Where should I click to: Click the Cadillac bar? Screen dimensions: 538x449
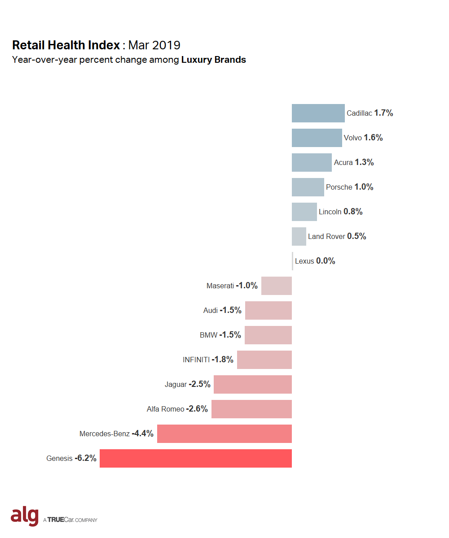pyautogui.click(x=318, y=113)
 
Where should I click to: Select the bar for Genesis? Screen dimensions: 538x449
pyautogui.click(x=196, y=458)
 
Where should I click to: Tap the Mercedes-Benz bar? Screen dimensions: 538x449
pyautogui.click(x=224, y=434)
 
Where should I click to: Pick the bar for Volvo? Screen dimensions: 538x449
pyautogui.click(x=317, y=138)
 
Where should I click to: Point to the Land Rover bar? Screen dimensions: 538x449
pyautogui.click(x=299, y=236)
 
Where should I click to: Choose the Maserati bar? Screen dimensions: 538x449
pyautogui.click(x=277, y=286)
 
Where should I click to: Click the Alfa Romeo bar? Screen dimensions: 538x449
pyautogui.click(x=251, y=409)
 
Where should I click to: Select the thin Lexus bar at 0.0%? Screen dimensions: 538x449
pyautogui.click(x=292, y=261)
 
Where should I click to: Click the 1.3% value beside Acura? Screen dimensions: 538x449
pyautogui.click(x=364, y=162)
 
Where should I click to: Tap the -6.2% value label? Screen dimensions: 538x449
pyautogui.click(x=85, y=458)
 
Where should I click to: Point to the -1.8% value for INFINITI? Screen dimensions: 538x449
pyautogui.click(x=223, y=360)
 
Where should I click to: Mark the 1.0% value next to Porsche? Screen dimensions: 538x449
pyautogui.click(x=364, y=187)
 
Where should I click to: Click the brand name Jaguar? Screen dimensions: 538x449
pyautogui.click(x=176, y=385)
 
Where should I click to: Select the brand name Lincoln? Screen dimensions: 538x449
pyautogui.click(x=330, y=212)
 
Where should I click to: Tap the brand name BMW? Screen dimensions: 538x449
pyautogui.click(x=208, y=335)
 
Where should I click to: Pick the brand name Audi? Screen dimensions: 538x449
pyautogui.click(x=210, y=311)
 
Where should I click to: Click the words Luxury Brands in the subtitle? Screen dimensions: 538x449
pyautogui.click(x=214, y=60)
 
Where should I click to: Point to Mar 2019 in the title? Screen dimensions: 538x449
pyautogui.click(x=154, y=45)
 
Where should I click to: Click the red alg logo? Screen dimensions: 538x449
pyautogui.click(x=25, y=516)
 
